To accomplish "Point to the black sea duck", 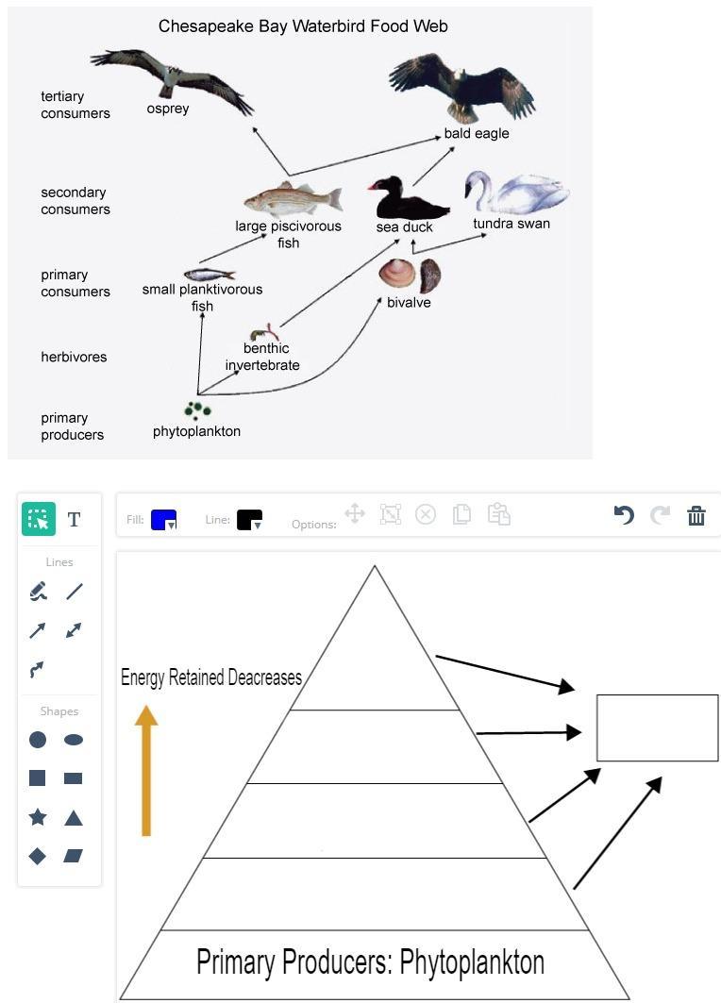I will tap(401, 199).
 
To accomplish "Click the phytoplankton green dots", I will tap(196, 410).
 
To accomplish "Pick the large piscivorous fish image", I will tap(292, 201).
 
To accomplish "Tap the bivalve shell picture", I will tap(409, 275).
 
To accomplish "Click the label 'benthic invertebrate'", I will tap(262, 357).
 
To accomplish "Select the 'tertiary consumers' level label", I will tap(75, 105).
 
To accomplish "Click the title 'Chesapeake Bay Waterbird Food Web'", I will tap(303, 26).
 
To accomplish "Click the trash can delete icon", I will tap(696, 515).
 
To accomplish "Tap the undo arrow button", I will tap(624, 515).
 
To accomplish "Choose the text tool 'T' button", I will tap(74, 519).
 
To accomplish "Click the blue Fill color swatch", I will tap(162, 519).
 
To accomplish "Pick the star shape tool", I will tap(38, 817).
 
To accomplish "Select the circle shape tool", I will tap(38, 740).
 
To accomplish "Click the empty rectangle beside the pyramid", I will tap(657, 727).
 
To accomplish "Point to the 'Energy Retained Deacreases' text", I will tap(211, 677).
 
